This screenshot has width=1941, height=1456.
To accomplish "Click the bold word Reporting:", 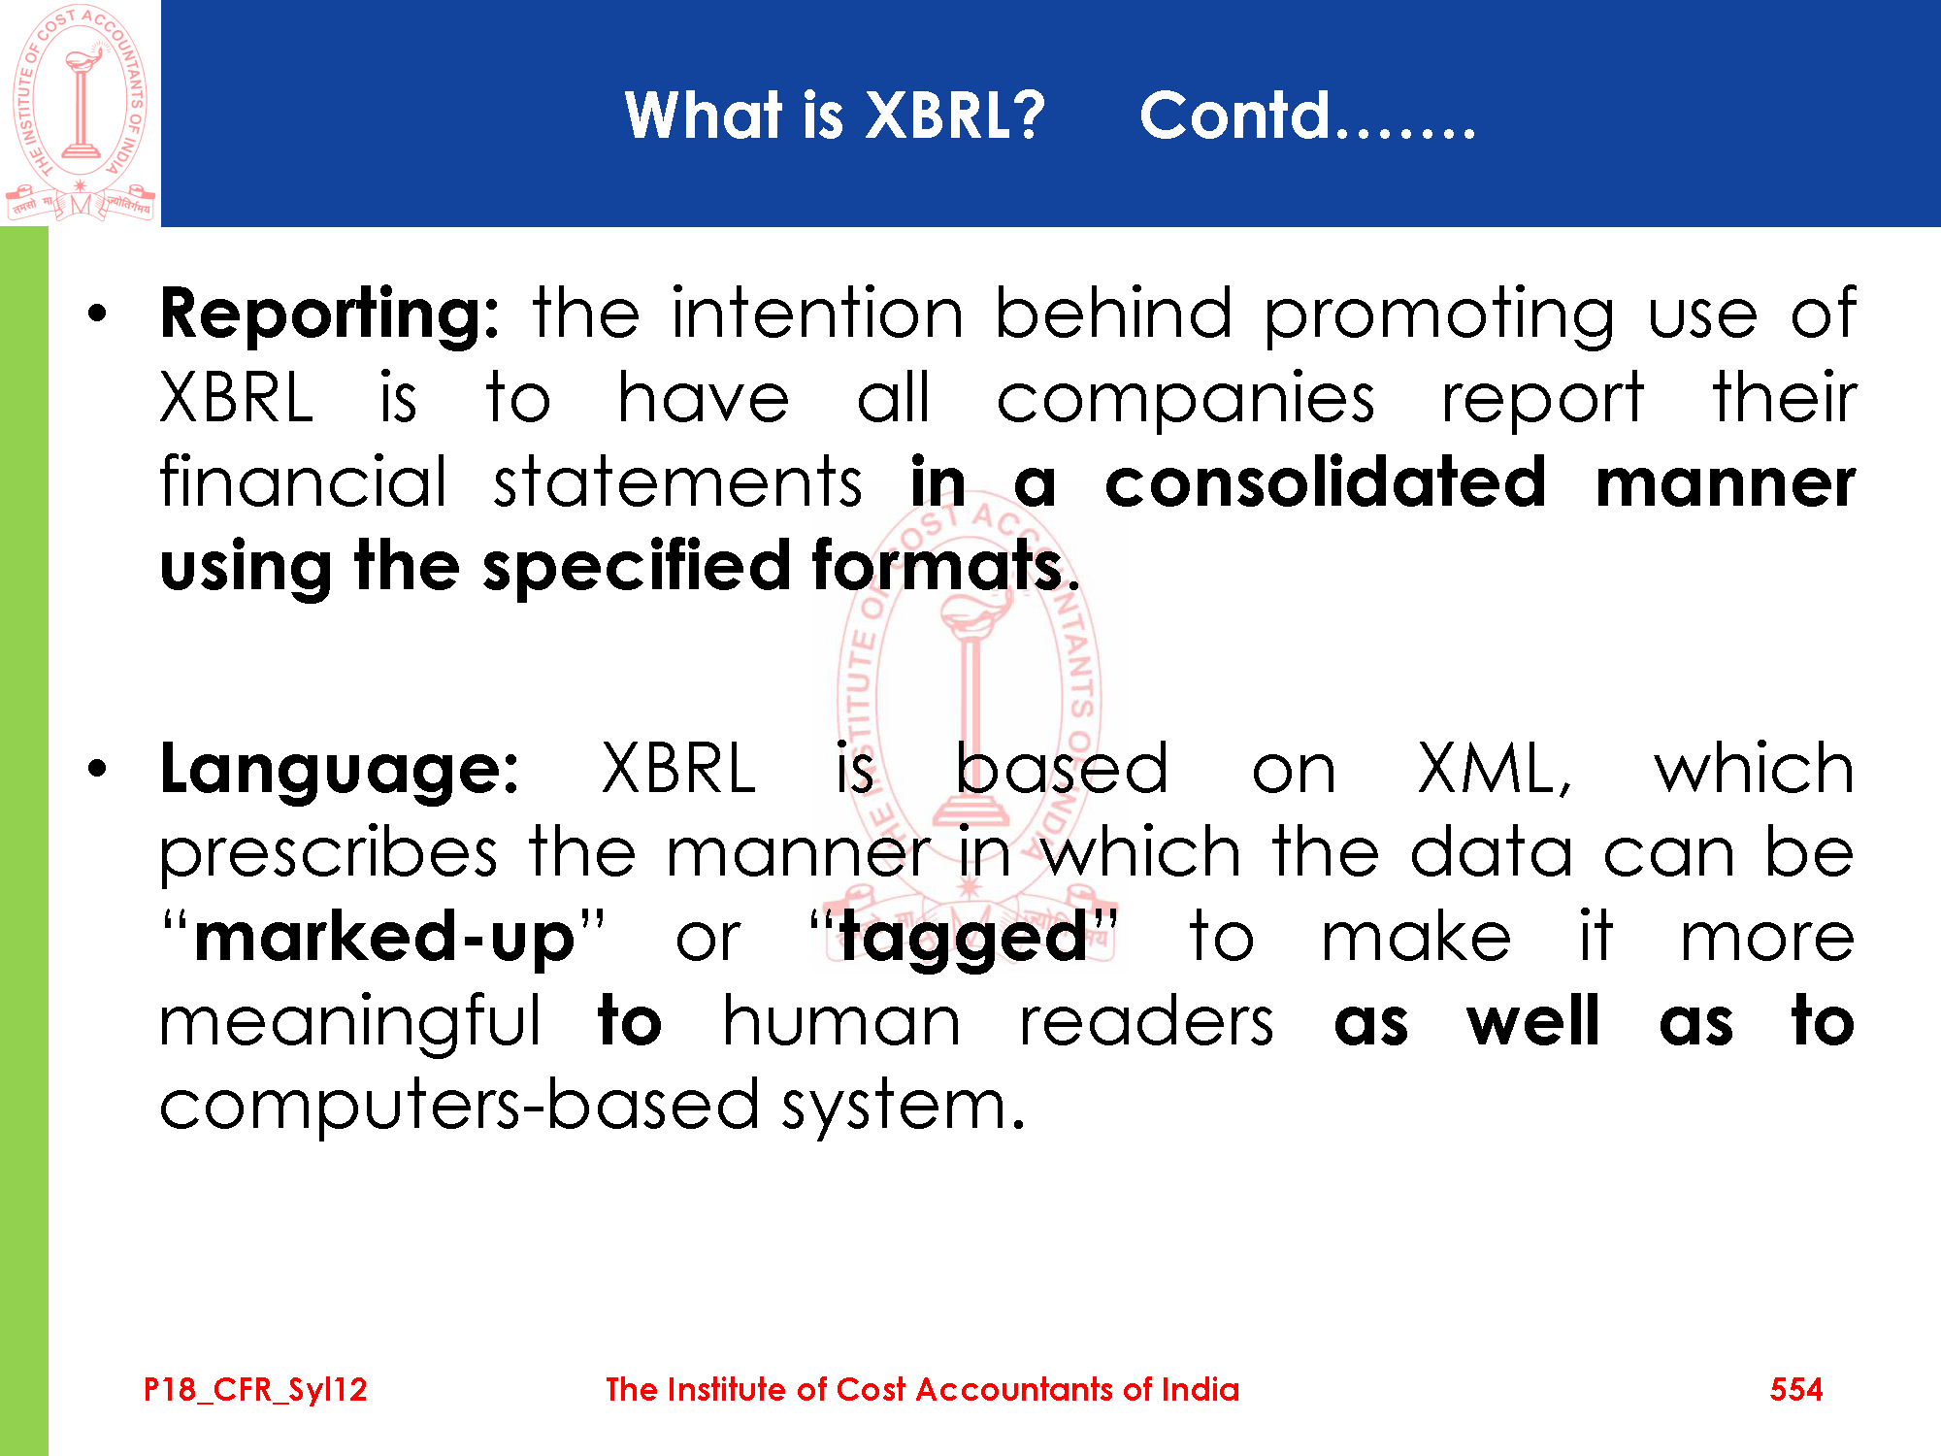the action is pos(330,315).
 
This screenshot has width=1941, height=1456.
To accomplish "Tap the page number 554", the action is pos(1796,1389).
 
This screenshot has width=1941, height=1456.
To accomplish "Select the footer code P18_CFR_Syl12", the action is pos(255,1390).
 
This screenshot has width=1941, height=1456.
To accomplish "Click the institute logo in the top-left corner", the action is pos(81,114).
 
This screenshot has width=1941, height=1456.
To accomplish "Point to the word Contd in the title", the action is pos(1234,116).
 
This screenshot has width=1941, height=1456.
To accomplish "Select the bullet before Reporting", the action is pos(97,314).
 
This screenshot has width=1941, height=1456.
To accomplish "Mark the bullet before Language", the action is pos(97,770).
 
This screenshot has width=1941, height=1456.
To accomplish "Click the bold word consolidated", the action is pos(1326,482).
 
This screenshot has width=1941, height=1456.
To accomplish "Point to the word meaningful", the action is pos(350,1024).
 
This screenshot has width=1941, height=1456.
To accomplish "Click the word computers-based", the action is pos(459,1108).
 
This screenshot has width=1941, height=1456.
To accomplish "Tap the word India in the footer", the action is pos(1201,1389).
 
